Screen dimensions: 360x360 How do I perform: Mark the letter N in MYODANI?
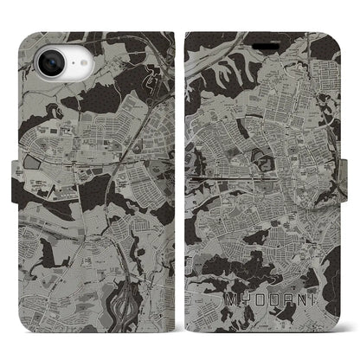tap(294, 300)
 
